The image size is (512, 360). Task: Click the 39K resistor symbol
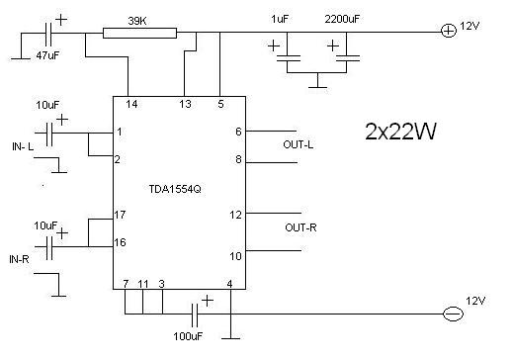point(139,34)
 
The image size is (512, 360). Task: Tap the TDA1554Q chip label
point(175,189)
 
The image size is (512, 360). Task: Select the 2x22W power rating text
point(400,132)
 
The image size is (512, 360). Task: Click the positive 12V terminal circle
point(449,31)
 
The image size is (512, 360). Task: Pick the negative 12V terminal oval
point(454,314)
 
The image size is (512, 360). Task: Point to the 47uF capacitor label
point(47,55)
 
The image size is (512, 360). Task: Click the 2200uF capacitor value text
point(342,19)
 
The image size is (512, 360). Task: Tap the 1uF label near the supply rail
point(280,19)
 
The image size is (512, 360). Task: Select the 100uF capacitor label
point(188,336)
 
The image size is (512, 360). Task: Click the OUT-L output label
point(299,144)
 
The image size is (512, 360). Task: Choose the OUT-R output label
point(300,227)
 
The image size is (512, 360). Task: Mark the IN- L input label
point(23,146)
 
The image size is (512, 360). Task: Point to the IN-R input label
point(19,259)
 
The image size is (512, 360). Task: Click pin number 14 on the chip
point(131,104)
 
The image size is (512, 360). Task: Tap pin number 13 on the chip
point(185,104)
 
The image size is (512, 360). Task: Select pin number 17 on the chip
point(120,215)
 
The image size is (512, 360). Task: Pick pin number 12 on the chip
point(235,215)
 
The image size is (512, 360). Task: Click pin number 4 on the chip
point(229,284)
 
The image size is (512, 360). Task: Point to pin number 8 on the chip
point(238,159)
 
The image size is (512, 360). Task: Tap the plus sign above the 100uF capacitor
point(208,301)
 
